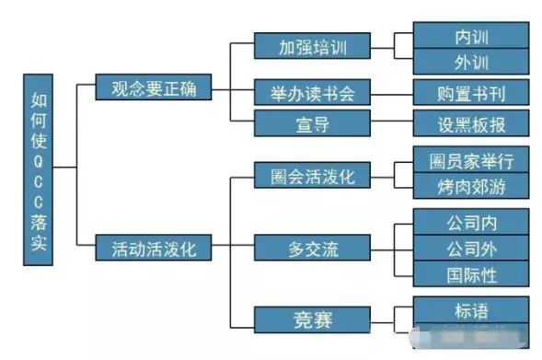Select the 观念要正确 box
click(154, 89)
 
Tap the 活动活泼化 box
click(154, 248)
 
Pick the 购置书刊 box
click(471, 92)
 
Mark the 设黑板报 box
click(471, 122)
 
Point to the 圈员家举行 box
click(471, 161)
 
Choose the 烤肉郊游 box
click(471, 187)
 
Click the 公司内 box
click(471, 221)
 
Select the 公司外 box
click(471, 248)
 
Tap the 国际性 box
click(471, 273)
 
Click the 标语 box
click(471, 309)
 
